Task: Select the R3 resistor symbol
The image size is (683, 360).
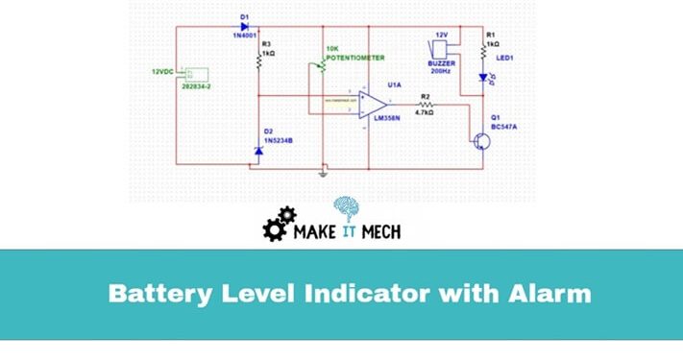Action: pyautogui.click(x=258, y=60)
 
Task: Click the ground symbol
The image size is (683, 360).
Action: pyautogui.click(x=324, y=174)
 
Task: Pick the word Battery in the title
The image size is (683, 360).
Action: pyautogui.click(x=155, y=293)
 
